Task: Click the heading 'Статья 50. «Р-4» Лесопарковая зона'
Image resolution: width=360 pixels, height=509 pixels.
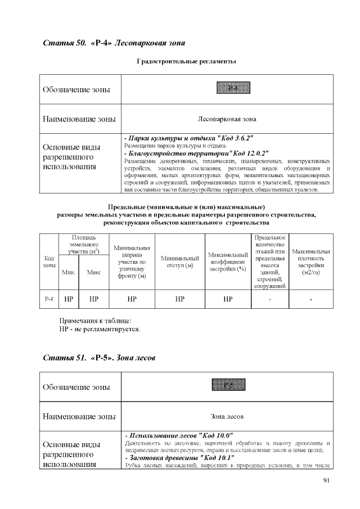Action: coord(114,43)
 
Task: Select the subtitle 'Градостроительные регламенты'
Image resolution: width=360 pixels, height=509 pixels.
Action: coord(186,61)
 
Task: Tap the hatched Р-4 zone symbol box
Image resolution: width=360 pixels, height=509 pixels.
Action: coord(227,88)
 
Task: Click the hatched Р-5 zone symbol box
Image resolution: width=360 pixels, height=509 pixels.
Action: coord(227,385)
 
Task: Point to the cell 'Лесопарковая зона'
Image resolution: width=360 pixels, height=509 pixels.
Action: coord(227,119)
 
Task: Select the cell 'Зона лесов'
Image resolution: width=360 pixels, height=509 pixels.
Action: coord(227,416)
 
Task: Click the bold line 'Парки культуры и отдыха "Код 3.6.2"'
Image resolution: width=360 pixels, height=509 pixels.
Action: coord(188,138)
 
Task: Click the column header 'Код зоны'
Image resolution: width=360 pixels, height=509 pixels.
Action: coord(49,262)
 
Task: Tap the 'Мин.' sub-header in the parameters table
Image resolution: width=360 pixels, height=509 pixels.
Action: coord(68,272)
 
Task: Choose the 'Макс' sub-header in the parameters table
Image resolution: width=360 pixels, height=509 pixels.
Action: coord(94,272)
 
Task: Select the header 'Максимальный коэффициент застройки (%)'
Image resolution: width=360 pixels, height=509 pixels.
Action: coord(228,262)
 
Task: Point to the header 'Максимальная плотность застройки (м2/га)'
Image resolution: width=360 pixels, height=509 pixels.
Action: coord(311,262)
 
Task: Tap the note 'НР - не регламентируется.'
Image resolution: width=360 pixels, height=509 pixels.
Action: coord(100,328)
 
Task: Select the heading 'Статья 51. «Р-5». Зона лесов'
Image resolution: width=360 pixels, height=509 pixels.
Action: coord(99,358)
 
